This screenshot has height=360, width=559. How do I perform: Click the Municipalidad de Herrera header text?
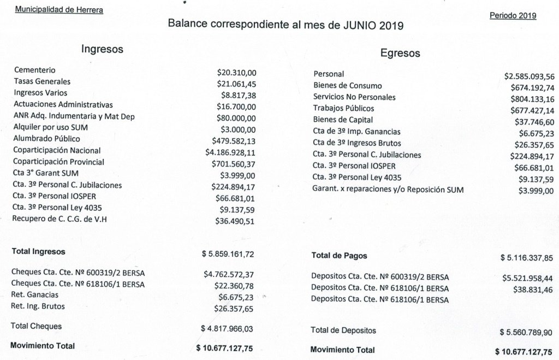coord(58,10)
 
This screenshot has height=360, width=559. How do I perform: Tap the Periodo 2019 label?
coord(513,15)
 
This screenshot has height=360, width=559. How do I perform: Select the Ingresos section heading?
coord(102,49)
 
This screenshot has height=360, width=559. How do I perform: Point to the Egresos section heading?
coord(400,54)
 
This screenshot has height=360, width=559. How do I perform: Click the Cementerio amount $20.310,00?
coord(236,72)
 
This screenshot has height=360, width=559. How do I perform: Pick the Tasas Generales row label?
coord(42,81)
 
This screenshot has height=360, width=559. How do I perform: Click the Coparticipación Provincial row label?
coord(59,162)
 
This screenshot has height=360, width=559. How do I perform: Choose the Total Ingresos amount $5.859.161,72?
coord(228,255)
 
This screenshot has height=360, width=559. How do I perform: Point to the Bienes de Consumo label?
coord(348,86)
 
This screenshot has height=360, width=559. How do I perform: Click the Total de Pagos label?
coord(339,256)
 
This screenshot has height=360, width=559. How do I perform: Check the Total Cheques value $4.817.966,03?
coord(228,329)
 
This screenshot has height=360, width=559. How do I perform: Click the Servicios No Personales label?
coord(354,97)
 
